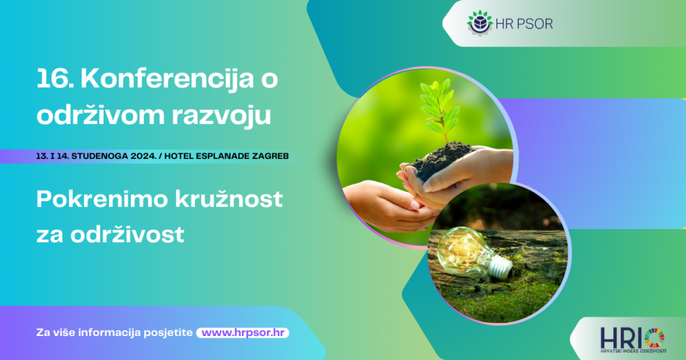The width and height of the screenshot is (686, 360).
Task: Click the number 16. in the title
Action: point(55,79)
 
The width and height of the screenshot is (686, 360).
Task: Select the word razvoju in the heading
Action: point(222,116)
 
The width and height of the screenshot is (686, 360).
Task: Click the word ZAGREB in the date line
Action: point(272,156)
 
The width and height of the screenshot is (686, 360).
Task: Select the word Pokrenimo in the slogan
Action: point(102,199)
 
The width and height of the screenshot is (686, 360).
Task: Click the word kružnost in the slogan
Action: point(229,199)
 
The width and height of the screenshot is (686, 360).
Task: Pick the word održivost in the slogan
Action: point(128,235)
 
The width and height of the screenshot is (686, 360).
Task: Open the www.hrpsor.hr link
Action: point(243,333)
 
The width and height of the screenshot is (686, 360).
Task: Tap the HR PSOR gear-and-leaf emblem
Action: point(480,23)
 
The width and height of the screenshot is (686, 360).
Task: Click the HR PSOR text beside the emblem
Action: point(524,24)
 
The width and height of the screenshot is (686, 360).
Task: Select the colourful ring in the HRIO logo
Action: point(654,338)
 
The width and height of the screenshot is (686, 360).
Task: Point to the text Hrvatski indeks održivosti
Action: point(633,351)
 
